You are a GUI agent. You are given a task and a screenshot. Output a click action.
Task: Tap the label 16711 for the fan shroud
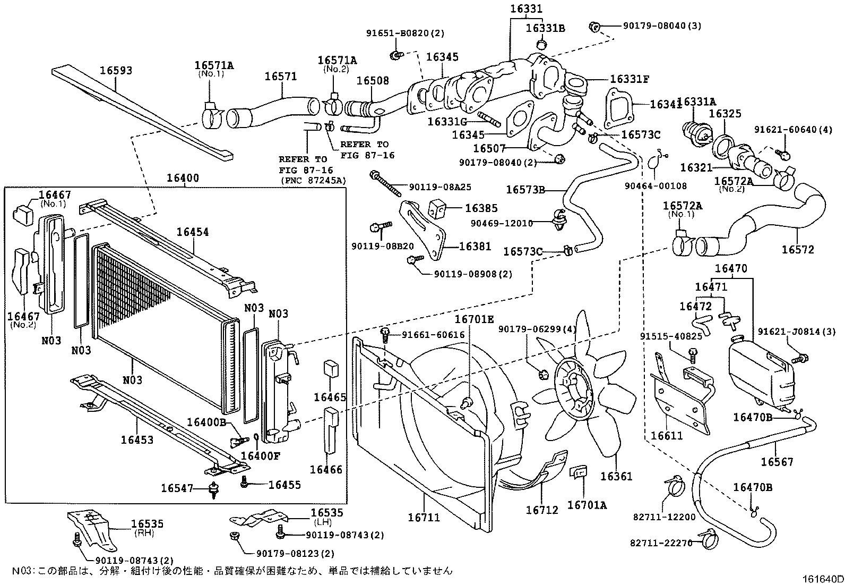click(x=424, y=517)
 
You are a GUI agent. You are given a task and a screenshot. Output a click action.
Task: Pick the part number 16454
click(x=193, y=232)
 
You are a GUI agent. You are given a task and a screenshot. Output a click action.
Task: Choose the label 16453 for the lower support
click(x=137, y=439)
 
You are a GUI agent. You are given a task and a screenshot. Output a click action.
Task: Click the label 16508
click(x=372, y=81)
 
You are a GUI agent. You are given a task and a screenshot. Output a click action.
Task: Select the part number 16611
click(x=667, y=436)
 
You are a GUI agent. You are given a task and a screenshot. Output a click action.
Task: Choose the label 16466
click(x=326, y=469)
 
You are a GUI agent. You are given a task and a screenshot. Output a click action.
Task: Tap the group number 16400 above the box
click(x=183, y=178)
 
